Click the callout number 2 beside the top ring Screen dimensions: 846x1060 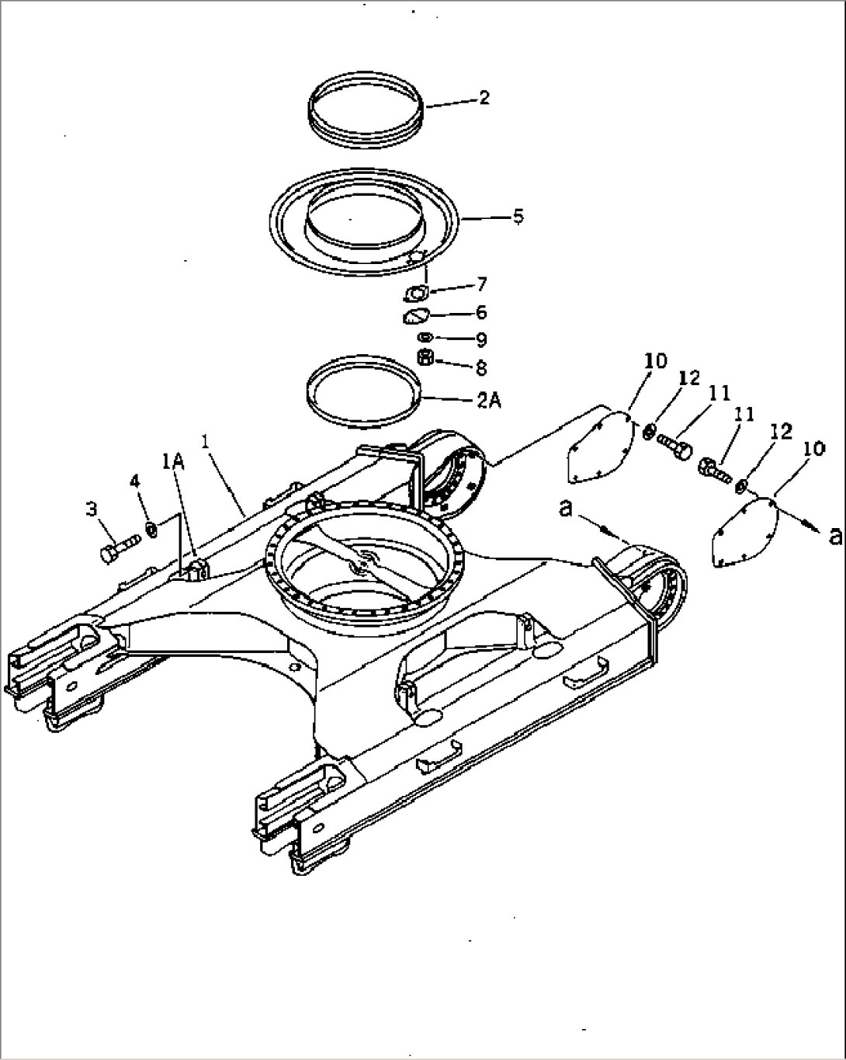coord(484,98)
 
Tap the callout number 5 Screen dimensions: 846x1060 coord(518,216)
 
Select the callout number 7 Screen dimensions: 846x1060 coord(482,284)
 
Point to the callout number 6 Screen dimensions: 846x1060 coord(481,312)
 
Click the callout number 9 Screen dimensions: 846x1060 coord(481,339)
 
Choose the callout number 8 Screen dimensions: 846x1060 coord(481,367)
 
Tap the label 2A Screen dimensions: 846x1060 coord(488,401)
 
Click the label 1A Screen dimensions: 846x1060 coord(173,461)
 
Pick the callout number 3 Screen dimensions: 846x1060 coord(91,509)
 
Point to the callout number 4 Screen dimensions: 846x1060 coord(135,481)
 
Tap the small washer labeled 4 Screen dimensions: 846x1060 coord(151,530)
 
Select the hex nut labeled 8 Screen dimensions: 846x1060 coord(425,357)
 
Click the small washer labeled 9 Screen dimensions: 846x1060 coord(425,337)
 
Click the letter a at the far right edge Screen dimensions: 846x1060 coord(835,535)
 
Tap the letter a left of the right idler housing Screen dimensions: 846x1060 coord(567,509)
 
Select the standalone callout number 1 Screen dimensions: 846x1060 coord(206,441)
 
